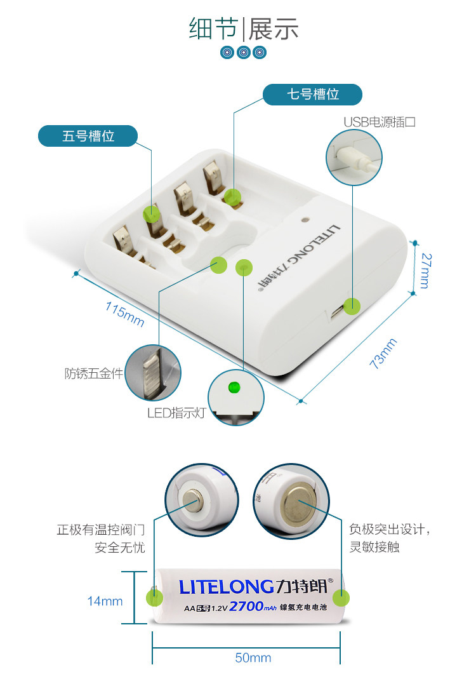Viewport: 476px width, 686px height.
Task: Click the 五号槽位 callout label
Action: tap(88, 136)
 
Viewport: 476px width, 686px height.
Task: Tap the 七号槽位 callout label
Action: tap(313, 95)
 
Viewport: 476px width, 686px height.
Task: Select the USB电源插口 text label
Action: tap(380, 122)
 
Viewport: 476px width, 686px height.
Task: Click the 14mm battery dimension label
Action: tap(105, 601)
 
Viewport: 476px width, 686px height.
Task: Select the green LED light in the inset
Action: tap(233, 386)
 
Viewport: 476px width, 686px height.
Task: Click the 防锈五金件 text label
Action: tap(93, 373)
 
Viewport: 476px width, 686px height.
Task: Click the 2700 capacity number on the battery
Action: tap(246, 607)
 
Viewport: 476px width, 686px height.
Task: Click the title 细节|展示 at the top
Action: tap(244, 29)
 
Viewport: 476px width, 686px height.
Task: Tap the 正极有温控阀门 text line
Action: tap(101, 530)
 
